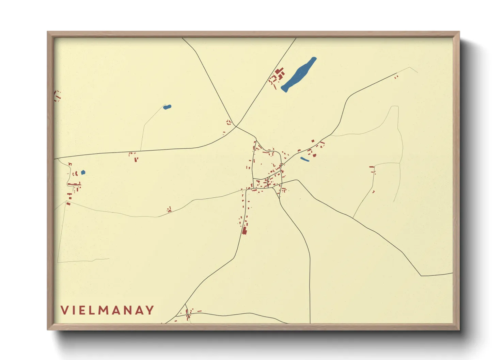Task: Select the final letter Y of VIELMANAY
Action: click(x=149, y=310)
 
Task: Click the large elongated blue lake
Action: click(x=299, y=74)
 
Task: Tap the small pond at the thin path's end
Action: click(x=167, y=107)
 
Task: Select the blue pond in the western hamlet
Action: click(x=83, y=173)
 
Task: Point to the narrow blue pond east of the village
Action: click(x=305, y=159)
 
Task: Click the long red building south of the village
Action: click(x=244, y=230)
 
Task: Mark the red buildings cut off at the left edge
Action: click(x=57, y=96)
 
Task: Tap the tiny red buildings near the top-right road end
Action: click(x=396, y=77)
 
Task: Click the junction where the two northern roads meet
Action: click(x=236, y=127)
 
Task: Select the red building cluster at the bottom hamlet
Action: click(x=188, y=315)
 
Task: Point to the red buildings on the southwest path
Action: click(x=169, y=210)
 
